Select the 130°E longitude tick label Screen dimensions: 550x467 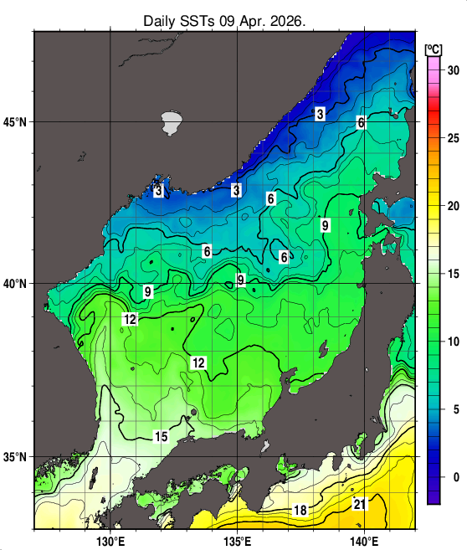[110, 540]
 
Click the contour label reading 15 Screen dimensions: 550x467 [162, 436]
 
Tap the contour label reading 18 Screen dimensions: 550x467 [300, 510]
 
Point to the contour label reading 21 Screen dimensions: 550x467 [359, 504]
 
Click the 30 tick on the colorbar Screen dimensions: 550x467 [452, 69]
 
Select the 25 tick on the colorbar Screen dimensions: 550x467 [452, 137]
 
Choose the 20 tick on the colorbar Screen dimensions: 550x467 [452, 205]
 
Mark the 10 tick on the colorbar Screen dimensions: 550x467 [452, 341]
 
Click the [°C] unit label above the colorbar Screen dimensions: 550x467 [434, 47]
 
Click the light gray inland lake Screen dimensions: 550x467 [172, 123]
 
